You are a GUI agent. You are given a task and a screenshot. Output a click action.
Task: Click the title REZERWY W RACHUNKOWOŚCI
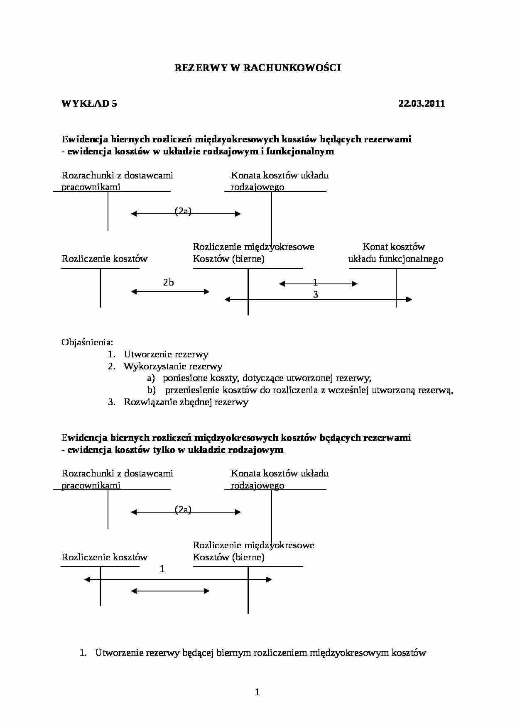point(257,68)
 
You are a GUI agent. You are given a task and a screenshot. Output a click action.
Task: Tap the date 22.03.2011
point(421,104)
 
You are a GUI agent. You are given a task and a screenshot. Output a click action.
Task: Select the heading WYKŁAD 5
point(89,104)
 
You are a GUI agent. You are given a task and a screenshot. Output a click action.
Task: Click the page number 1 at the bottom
point(257,691)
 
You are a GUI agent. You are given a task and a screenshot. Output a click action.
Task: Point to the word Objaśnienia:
point(87,342)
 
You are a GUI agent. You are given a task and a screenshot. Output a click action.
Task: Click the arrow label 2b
point(168,283)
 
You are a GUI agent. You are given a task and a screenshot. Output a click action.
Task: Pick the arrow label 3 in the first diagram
point(316,295)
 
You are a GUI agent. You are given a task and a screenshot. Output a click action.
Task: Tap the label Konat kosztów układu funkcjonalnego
point(395,253)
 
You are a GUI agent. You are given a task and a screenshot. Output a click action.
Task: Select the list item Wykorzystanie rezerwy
point(173,366)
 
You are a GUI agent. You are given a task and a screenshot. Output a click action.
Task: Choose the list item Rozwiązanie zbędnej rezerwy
point(186,402)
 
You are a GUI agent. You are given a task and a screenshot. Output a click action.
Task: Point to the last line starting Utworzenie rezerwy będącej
point(260,653)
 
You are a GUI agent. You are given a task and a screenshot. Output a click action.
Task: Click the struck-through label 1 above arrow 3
point(315,283)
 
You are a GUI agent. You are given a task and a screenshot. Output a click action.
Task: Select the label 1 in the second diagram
point(162,569)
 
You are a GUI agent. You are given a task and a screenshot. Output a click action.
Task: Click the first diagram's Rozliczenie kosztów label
point(105,259)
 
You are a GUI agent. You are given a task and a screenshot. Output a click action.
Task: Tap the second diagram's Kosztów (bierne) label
point(228,557)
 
